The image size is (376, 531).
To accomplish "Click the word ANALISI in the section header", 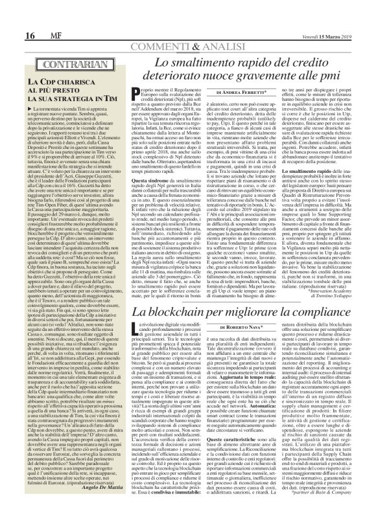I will tap(240, 32).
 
